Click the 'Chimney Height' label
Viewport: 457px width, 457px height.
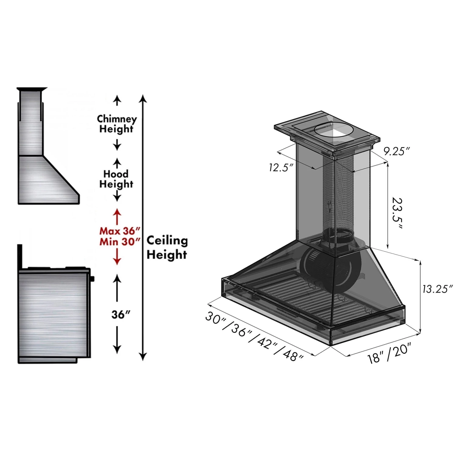pos(117,124)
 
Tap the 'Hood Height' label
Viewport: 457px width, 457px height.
pos(116,179)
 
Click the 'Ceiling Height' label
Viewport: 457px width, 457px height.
pos(167,247)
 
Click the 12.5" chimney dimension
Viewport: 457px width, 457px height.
pos(281,167)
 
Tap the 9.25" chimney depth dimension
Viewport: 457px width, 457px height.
pos(396,151)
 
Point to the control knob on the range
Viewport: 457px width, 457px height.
pos(92,278)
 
